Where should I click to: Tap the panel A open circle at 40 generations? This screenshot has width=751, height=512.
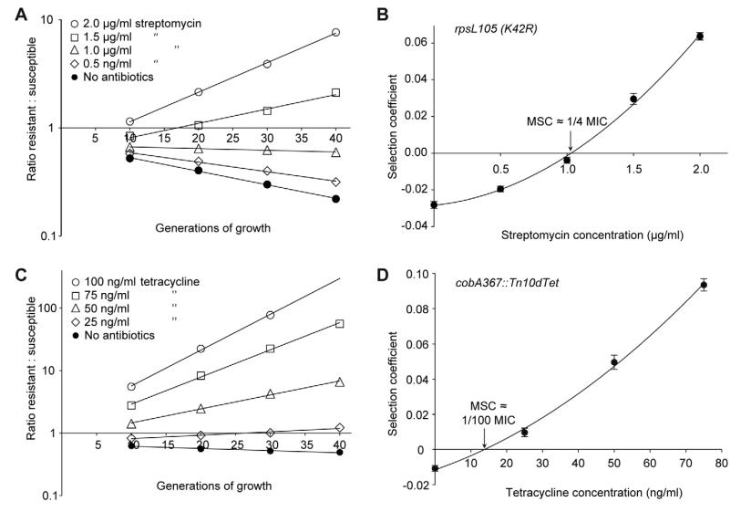pyautogui.click(x=336, y=32)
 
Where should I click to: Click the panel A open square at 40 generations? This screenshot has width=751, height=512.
pyautogui.click(x=336, y=92)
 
